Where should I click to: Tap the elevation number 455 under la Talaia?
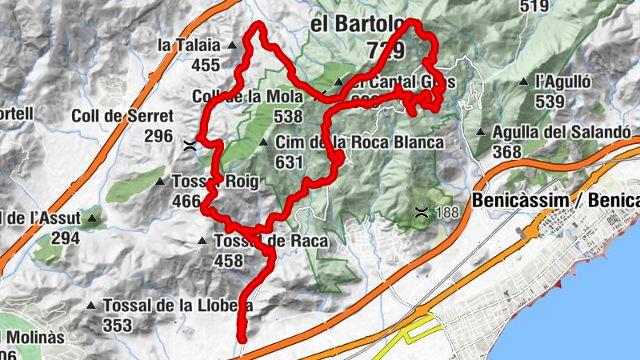[206, 65]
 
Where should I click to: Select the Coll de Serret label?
[122, 116]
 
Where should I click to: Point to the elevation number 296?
[158, 135]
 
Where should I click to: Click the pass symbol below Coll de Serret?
[190, 145]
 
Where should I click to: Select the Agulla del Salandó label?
[562, 132]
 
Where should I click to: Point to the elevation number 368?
[508, 151]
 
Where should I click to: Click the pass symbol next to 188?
[422, 212]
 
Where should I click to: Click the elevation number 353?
[117, 325]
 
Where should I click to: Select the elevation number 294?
[66, 238]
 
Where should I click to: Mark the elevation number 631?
[289, 162]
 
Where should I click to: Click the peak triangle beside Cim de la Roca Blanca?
[264, 143]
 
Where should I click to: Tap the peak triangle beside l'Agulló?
[523, 82]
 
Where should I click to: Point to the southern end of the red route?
[241, 339]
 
